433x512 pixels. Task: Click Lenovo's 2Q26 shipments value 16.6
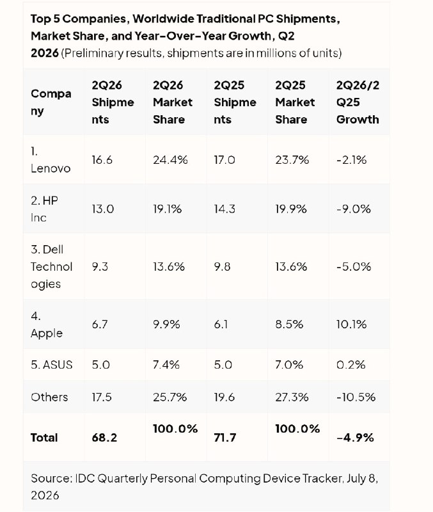(102, 160)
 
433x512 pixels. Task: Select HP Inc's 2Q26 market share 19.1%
(167, 209)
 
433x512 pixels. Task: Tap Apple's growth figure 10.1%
(351, 324)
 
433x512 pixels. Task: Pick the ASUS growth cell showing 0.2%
(350, 364)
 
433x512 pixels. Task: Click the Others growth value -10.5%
(356, 397)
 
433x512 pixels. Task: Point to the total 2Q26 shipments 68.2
(104, 438)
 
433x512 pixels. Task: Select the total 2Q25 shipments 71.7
(225, 438)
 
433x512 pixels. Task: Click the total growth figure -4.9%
(355, 438)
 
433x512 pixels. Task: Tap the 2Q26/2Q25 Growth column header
(358, 102)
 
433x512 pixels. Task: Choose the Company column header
(51, 102)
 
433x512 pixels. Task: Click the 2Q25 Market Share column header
(295, 102)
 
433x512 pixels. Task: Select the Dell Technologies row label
(51, 267)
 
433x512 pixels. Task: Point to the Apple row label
(46, 324)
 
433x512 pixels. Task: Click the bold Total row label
(44, 438)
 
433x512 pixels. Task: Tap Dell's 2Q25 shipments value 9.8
(222, 267)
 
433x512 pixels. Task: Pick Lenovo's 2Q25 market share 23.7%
(292, 160)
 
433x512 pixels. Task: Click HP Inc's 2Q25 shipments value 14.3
(224, 209)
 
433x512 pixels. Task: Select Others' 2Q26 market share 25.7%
(169, 397)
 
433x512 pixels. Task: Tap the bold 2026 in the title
(45, 53)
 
